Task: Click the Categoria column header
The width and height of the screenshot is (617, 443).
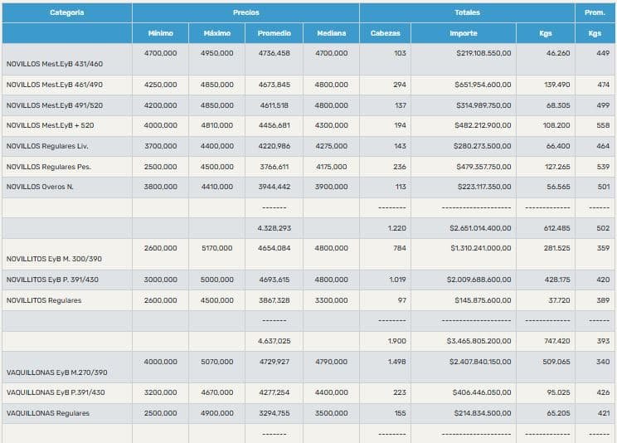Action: [x=66, y=12]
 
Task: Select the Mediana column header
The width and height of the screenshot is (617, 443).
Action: [x=331, y=33]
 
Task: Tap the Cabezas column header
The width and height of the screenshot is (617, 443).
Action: [x=385, y=33]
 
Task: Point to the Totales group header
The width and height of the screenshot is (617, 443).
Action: [x=467, y=12]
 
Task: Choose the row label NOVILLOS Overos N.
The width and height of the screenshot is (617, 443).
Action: [x=40, y=187]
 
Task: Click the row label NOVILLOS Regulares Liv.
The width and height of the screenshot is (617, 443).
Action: [x=48, y=146]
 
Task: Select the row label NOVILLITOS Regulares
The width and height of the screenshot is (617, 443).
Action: [x=44, y=300]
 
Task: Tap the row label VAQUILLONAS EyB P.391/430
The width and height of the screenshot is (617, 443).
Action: [x=56, y=392]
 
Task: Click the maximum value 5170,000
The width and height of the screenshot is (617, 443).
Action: [x=217, y=248]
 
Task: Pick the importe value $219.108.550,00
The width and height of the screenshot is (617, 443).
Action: [x=483, y=53]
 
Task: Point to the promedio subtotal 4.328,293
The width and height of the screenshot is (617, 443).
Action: [x=274, y=227]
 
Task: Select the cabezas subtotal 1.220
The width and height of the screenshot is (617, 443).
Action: [x=397, y=227]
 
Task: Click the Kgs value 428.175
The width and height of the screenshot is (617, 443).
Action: [x=556, y=280]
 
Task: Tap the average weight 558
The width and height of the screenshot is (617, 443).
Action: [x=603, y=125]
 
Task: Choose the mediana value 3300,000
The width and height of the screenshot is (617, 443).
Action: [x=331, y=300]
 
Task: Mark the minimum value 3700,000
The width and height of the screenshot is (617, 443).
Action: [x=160, y=146]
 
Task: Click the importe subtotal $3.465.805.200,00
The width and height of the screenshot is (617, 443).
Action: [x=479, y=341]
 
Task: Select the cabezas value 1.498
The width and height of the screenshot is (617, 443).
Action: [x=396, y=362]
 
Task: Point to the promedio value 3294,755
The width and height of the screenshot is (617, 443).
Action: [x=274, y=412]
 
